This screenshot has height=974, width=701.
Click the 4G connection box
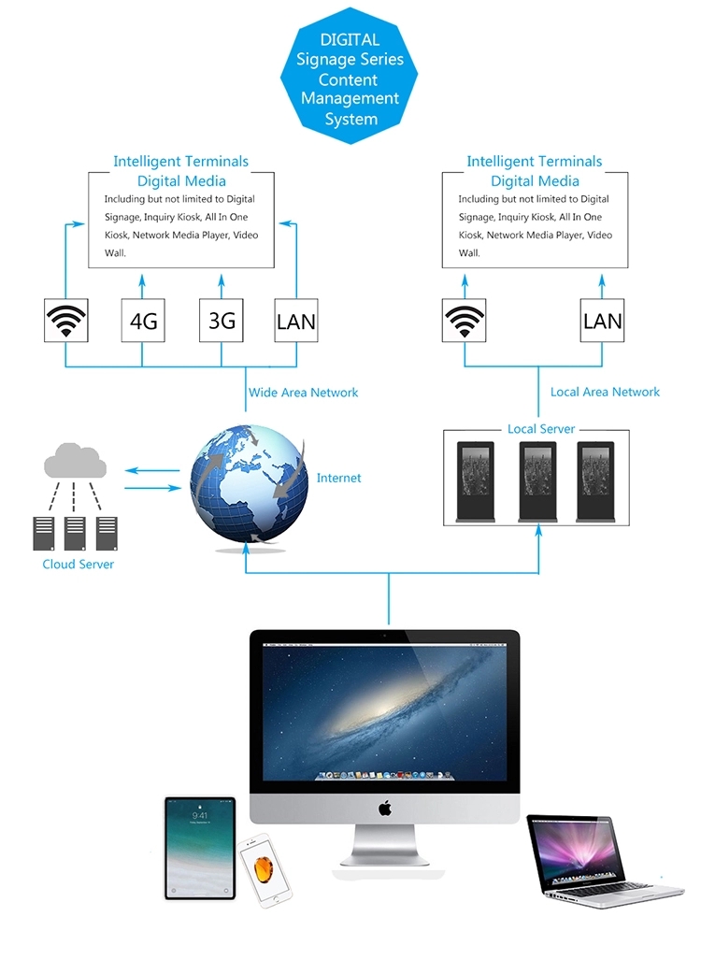coord(143,321)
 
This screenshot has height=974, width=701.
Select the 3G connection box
coord(221,321)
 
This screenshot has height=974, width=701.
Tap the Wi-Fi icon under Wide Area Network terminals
coord(65,321)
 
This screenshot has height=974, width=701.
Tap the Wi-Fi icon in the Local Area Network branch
coord(464,321)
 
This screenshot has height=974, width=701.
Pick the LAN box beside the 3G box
coord(296,321)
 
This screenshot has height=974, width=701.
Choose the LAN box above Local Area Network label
coord(602,321)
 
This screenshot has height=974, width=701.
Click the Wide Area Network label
coord(303,393)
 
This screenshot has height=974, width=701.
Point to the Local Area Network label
coord(605,392)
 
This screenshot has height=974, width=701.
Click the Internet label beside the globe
coord(338,478)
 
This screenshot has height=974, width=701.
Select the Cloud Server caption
coord(79,564)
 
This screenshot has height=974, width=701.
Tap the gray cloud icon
coord(75,460)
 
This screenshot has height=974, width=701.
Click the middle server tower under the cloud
coord(75,534)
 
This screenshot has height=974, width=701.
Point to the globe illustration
coord(249,485)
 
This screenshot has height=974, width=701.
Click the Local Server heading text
coord(541,429)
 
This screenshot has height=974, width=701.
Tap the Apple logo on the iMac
coord(385,809)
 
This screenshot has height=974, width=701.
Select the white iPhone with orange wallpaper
coord(265,869)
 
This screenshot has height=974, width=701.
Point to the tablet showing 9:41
coord(200,848)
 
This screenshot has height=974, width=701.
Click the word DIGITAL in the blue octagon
coord(350,40)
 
